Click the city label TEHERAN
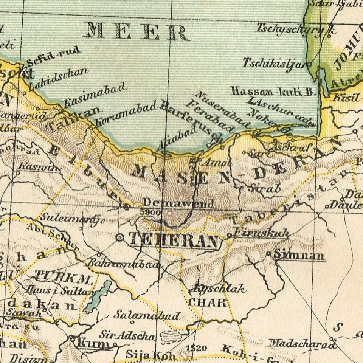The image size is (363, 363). [x=174, y=240]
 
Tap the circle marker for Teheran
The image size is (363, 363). [x=120, y=237]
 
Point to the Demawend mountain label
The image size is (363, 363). [x=178, y=203]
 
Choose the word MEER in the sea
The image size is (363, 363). [x=136, y=32]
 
